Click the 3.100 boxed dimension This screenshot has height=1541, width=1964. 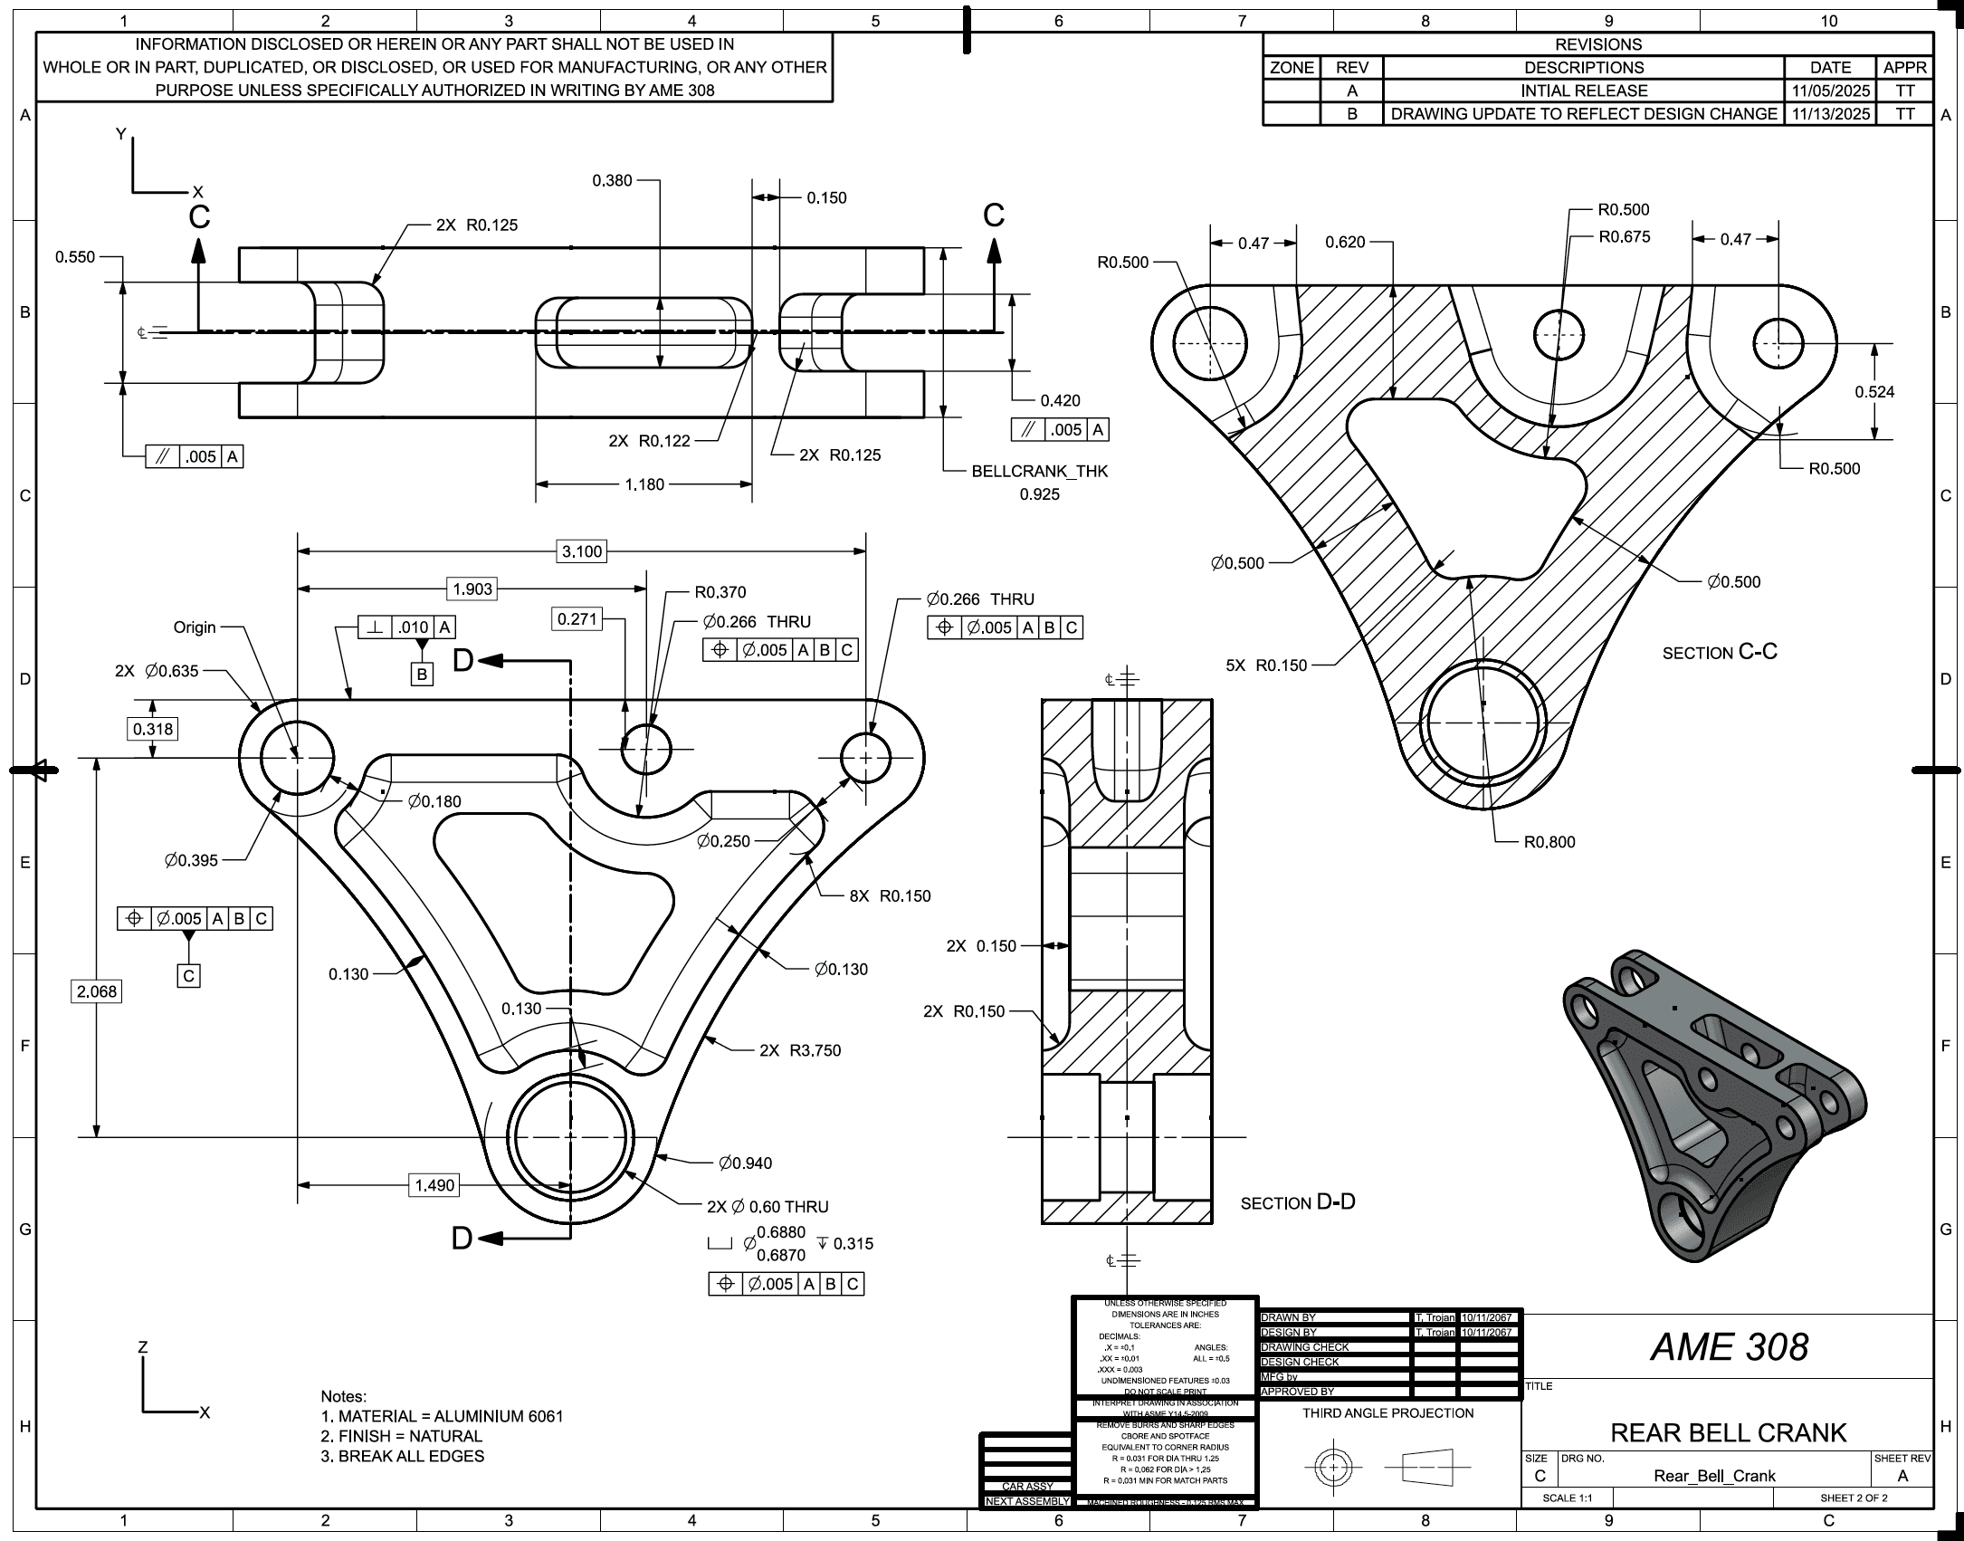tap(581, 551)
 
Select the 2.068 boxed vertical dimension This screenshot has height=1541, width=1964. tap(97, 991)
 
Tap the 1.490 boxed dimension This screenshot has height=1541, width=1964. tap(434, 1185)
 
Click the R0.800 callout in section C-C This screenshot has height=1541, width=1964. tap(1549, 842)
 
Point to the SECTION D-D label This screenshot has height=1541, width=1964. tap(1298, 1202)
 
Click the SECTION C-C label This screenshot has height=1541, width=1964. tap(1720, 652)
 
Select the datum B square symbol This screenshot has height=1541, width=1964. tap(422, 674)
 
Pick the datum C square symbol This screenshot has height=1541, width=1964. tap(188, 976)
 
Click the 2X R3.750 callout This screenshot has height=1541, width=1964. tap(800, 1050)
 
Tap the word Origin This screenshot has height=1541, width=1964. tap(195, 627)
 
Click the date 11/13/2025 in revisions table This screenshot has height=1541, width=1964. tap(1830, 114)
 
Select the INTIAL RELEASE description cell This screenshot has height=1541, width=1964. tap(1584, 91)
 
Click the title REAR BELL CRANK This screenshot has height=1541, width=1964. tap(1729, 1432)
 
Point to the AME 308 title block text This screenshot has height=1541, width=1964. tap(1729, 1347)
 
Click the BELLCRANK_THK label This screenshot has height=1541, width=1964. tap(1039, 472)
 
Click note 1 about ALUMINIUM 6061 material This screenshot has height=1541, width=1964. tap(442, 1416)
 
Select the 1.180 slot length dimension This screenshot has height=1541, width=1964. tap(644, 484)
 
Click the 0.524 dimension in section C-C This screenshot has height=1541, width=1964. tap(1874, 392)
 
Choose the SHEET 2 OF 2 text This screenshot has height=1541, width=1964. tap(1854, 1498)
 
